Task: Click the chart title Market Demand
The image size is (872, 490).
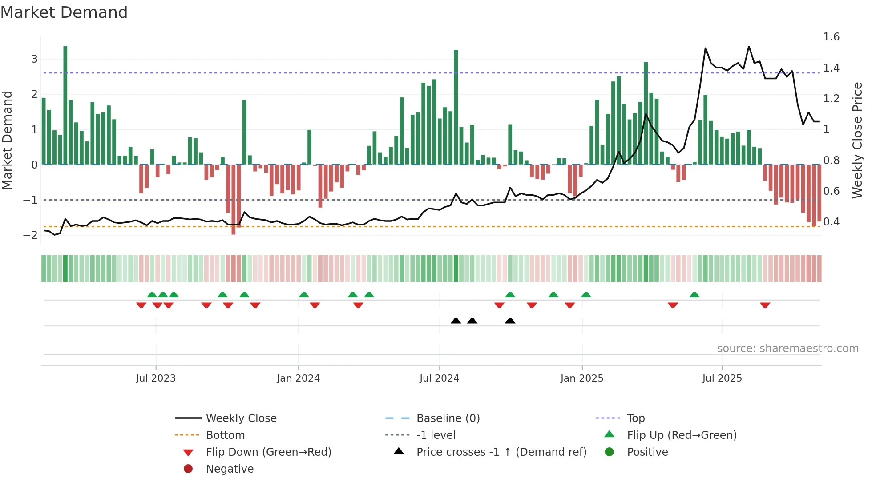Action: tap(64, 12)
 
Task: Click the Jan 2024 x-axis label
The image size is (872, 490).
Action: tap(298, 378)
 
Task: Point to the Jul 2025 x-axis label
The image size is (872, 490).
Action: tap(722, 378)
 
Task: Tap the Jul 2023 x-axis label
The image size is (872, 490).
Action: tap(156, 378)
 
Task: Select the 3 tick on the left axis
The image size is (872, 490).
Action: tap(34, 59)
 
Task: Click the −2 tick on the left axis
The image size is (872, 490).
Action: tap(31, 235)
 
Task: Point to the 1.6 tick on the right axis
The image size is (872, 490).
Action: tap(831, 37)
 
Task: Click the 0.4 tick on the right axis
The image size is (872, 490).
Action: tap(831, 221)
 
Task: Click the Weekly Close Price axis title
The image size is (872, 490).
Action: tap(857, 140)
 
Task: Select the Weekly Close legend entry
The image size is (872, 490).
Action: tap(241, 418)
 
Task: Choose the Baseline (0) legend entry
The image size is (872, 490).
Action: tap(448, 418)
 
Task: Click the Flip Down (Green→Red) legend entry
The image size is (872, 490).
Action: tap(268, 452)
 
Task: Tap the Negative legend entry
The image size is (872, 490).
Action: tap(230, 469)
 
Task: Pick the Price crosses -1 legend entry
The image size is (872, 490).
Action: tap(501, 452)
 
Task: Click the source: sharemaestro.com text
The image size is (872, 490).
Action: tap(787, 349)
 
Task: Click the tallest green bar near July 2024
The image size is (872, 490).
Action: tap(456, 107)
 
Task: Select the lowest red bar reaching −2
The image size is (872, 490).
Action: tap(234, 200)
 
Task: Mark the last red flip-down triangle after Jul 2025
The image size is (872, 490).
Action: tap(765, 305)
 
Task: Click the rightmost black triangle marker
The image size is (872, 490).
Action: tap(510, 321)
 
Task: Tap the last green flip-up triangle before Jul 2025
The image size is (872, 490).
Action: tap(694, 295)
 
